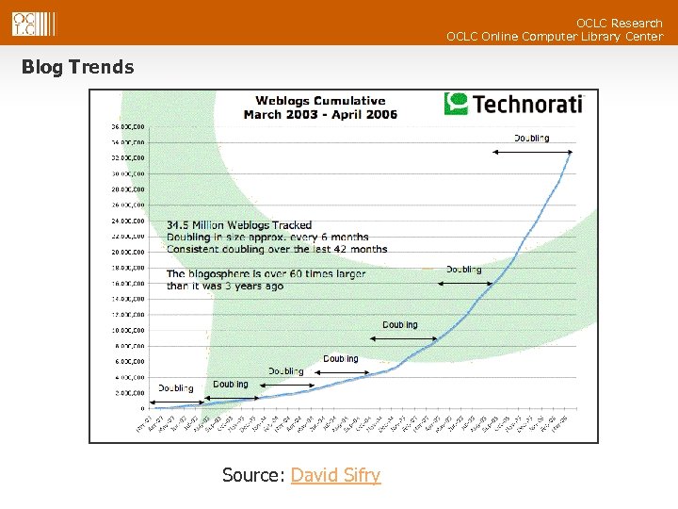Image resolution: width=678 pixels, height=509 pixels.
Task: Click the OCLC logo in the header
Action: pos(33,24)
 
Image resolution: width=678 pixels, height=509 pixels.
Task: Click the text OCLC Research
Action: pos(619,23)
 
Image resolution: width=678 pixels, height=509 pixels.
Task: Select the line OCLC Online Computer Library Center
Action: pos(554,37)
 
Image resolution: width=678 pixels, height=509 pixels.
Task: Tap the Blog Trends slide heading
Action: pos(77,67)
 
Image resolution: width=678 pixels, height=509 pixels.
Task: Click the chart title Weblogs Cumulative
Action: pos(320,101)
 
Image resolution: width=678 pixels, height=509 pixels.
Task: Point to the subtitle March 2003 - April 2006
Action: pos(320,115)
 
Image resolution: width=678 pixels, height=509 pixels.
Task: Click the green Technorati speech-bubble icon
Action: pos(456,103)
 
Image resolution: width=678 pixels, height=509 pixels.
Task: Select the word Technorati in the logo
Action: pos(527,103)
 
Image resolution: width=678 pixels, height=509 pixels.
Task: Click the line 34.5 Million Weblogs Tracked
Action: pos(238,225)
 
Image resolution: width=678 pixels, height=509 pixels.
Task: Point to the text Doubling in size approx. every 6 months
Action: pos(267,238)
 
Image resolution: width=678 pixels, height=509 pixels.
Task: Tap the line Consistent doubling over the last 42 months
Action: pos(277,249)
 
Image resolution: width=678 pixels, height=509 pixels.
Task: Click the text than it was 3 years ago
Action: pos(225,286)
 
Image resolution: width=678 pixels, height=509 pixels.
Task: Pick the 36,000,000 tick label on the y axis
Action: pos(128,126)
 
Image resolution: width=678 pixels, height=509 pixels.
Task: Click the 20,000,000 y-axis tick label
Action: pos(128,252)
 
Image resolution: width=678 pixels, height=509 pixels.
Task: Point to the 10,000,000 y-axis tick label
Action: pos(128,330)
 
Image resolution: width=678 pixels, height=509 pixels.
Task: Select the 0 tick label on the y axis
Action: pos(142,408)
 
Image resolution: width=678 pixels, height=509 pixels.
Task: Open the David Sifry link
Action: pos(335,475)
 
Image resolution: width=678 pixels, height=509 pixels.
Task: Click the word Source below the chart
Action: pos(251,475)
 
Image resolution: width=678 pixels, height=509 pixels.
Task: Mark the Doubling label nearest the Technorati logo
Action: pos(531,138)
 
